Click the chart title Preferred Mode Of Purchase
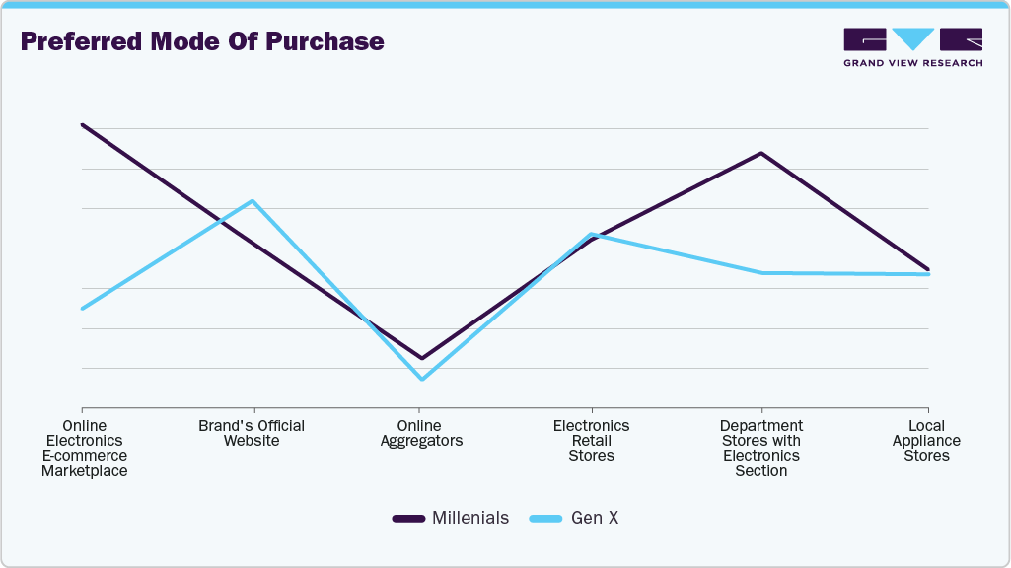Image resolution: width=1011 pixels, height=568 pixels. click(202, 42)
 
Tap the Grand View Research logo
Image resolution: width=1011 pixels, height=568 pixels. click(912, 46)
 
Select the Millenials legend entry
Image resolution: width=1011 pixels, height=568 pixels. click(451, 518)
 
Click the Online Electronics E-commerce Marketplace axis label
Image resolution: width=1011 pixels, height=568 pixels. click(84, 448)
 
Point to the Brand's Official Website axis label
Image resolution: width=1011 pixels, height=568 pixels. click(252, 433)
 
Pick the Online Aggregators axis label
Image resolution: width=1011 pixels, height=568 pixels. click(421, 433)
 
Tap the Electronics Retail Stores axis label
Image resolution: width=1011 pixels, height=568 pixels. click(591, 440)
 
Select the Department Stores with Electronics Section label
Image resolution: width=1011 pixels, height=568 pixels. click(760, 448)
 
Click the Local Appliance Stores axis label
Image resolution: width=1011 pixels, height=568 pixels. click(926, 440)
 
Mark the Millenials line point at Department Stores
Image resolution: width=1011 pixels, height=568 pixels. click(760, 153)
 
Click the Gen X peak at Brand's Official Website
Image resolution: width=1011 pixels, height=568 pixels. click(253, 201)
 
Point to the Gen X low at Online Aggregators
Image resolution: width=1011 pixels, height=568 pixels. click(422, 379)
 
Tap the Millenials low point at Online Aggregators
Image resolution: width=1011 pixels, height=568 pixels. click(422, 358)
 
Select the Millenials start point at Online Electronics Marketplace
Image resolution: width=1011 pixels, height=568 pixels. click(83, 125)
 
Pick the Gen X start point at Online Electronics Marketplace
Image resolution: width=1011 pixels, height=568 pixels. click(83, 308)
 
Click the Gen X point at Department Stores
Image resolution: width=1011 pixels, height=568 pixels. click(760, 272)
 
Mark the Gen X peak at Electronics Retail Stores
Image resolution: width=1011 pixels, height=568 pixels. click(591, 234)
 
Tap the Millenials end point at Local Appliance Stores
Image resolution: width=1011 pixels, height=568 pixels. click(928, 268)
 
